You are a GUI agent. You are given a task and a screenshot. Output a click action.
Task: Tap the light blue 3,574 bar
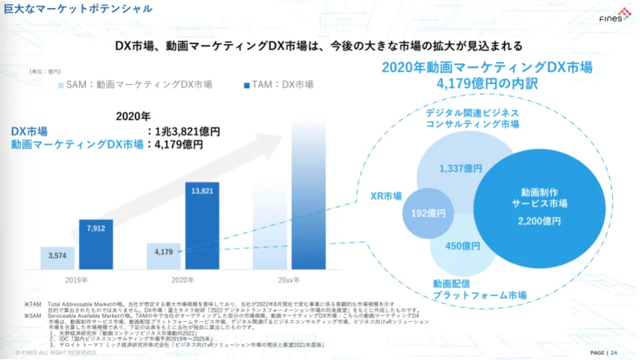(x=57, y=257)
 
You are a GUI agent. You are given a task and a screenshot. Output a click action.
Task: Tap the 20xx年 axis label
(x=288, y=279)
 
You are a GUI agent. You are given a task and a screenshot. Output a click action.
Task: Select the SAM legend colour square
(x=61, y=85)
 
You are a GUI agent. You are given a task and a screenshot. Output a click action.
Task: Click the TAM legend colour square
(x=247, y=85)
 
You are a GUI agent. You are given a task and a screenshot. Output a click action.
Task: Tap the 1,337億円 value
(x=461, y=169)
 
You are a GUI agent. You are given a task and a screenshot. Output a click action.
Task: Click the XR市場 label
(x=386, y=196)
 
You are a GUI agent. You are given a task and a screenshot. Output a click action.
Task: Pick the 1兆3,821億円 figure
(x=187, y=132)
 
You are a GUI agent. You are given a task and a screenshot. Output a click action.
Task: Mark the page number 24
(x=614, y=353)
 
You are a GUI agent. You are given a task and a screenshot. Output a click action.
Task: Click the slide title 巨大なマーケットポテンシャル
(x=73, y=9)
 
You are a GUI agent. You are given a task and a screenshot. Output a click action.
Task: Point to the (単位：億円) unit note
(x=45, y=71)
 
